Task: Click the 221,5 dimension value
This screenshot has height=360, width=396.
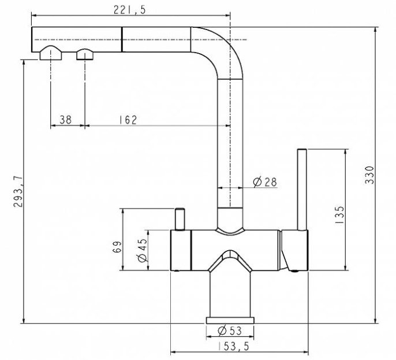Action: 129,10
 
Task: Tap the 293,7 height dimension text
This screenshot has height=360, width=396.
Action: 18,191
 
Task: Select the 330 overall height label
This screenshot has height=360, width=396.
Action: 369,175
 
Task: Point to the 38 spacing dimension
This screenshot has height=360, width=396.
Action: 66,120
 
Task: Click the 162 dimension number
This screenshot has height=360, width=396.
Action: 128,120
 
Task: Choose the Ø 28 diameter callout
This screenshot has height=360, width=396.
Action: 265,182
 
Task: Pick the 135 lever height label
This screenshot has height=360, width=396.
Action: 339,214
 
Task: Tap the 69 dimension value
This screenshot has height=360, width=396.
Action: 117,247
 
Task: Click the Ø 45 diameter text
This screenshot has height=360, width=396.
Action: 142,250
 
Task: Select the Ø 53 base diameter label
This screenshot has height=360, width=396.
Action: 230,331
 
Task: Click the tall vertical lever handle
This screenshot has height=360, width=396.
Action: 302,190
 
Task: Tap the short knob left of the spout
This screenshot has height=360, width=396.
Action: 180,219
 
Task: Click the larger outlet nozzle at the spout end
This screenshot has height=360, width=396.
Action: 51,53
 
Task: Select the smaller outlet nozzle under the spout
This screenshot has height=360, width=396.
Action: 85,54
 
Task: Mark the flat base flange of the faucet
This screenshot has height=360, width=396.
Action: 230,320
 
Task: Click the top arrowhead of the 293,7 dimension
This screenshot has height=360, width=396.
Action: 24,63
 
